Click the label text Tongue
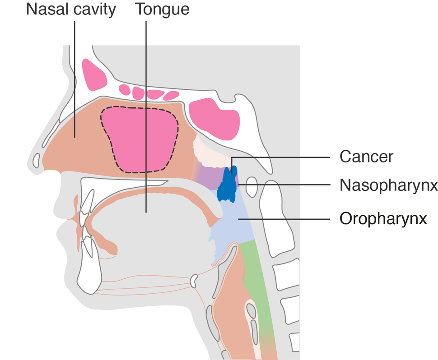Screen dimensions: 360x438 (x=162, y=9)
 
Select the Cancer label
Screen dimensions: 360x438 (x=366, y=157)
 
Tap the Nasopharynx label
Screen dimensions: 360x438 (x=388, y=185)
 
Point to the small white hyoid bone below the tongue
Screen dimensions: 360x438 (x=194, y=281)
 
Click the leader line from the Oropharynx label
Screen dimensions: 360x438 (x=289, y=219)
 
